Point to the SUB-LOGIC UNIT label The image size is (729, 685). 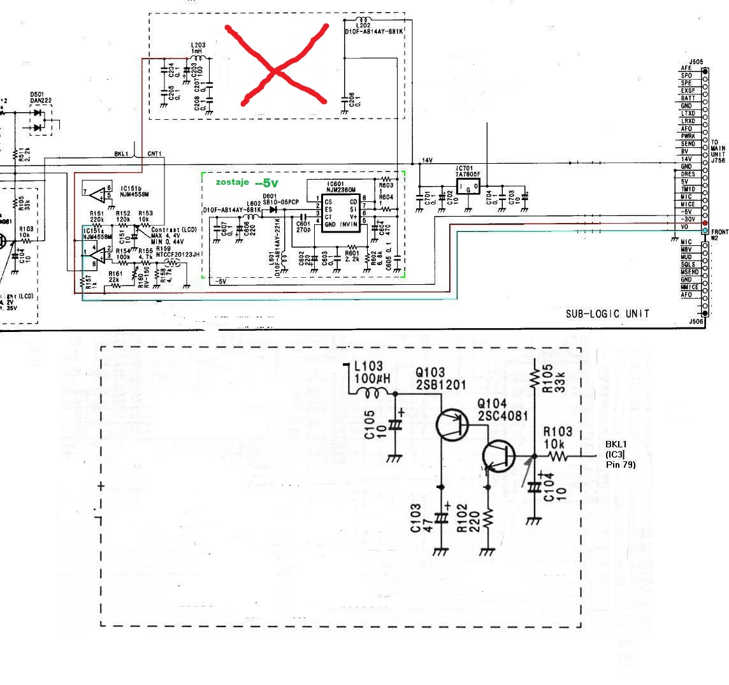607,314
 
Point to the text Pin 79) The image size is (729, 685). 621,465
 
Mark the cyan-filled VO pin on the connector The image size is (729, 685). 705,229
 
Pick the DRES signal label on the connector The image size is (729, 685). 687,174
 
